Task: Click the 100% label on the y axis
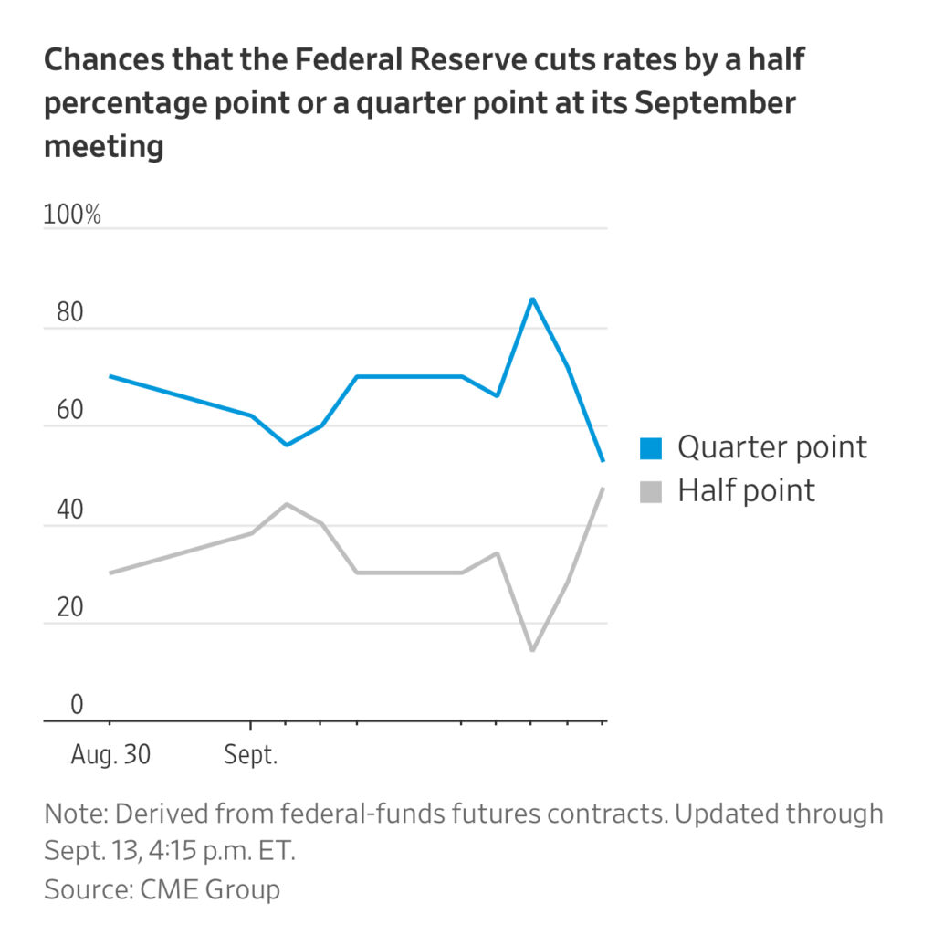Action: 72,216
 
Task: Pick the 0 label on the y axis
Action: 52,706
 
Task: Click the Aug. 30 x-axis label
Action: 110,757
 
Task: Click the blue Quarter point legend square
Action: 650,447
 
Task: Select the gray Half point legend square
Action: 650,491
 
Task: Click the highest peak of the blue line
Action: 532,299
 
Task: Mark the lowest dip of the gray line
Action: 532,650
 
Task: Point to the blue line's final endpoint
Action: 603,461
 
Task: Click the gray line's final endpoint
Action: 603,489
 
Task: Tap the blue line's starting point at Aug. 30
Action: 110,376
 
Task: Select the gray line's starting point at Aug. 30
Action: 110,573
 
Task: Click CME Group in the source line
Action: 211,888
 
